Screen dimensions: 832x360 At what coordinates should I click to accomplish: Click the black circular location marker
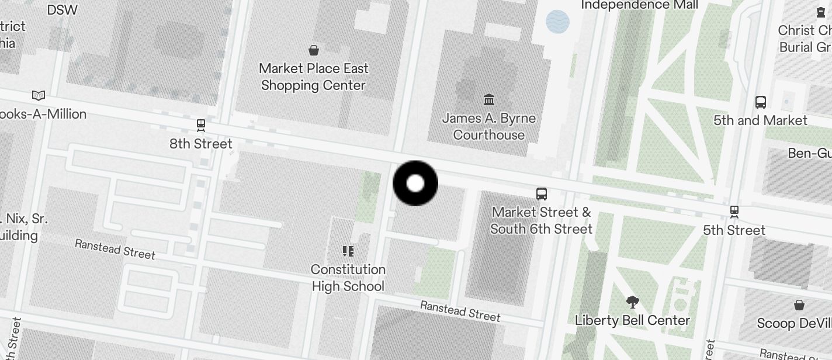click(x=415, y=184)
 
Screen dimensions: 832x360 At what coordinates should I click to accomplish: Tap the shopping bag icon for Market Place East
click(x=314, y=50)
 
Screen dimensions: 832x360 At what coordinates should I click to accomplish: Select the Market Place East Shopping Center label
click(x=314, y=77)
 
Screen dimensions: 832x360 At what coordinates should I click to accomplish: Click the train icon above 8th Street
click(x=201, y=124)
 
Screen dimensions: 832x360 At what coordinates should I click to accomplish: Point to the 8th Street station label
click(x=201, y=144)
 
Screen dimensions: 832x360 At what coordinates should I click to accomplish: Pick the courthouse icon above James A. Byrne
click(x=489, y=99)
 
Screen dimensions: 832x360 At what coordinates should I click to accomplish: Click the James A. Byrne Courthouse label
click(x=489, y=126)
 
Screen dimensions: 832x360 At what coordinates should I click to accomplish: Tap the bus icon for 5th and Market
click(x=761, y=102)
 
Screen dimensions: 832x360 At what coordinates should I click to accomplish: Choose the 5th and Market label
click(x=760, y=120)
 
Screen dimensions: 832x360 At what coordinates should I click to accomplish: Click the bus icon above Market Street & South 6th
click(x=542, y=193)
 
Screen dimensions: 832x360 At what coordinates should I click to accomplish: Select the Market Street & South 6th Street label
click(x=542, y=220)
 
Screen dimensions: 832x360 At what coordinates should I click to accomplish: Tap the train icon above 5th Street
click(x=734, y=211)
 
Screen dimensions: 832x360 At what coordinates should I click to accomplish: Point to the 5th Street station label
click(x=734, y=230)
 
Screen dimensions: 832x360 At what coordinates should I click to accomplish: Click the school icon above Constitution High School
click(x=348, y=251)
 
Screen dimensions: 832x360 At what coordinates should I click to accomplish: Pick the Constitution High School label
click(x=348, y=278)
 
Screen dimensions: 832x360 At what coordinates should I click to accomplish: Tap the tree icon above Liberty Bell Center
click(x=632, y=302)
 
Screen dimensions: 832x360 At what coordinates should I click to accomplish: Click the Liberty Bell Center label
click(x=633, y=320)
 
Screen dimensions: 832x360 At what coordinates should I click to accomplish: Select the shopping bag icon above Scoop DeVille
click(x=799, y=305)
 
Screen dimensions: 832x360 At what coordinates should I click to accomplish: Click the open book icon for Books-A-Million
click(x=39, y=95)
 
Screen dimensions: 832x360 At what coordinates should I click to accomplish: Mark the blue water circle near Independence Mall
click(x=557, y=22)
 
